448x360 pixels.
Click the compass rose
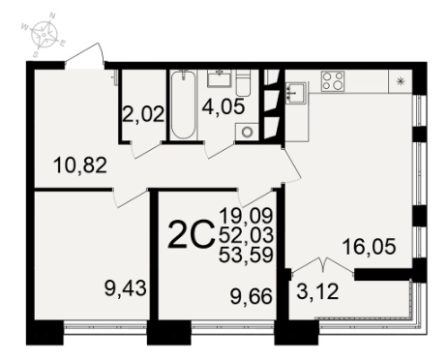(44, 33)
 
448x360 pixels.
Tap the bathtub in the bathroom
(183, 105)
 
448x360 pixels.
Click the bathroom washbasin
(220, 78)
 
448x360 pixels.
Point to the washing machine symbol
(248, 132)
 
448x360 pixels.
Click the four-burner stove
(333, 81)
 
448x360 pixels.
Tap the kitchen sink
(296, 93)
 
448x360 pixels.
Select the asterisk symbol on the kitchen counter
(401, 81)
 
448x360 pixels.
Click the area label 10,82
(80, 165)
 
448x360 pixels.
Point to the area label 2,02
(144, 113)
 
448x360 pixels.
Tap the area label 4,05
(224, 106)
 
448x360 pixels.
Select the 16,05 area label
(369, 247)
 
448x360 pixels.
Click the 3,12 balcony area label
(317, 291)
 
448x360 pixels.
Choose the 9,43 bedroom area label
(126, 287)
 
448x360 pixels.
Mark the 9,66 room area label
(252, 296)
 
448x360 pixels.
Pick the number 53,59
(246, 255)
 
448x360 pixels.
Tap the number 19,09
(246, 216)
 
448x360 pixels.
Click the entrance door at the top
(84, 57)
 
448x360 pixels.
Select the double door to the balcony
(323, 267)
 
